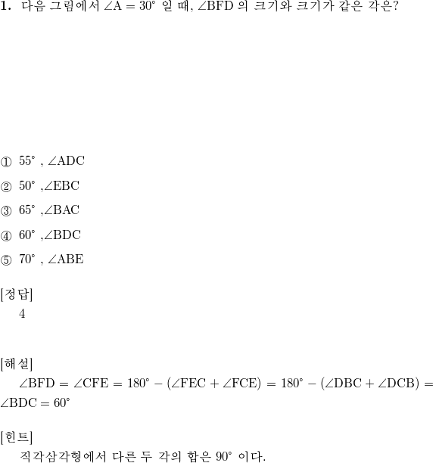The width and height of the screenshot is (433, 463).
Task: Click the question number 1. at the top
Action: [x=5, y=6]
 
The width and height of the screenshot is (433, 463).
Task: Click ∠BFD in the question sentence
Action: [x=215, y=6]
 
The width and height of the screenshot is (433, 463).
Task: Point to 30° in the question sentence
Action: [x=148, y=6]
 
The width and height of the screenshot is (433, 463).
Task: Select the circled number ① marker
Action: [x=6, y=162]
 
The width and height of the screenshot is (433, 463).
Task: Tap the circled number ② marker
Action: [x=6, y=187]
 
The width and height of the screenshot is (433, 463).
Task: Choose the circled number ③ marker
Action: [x=6, y=211]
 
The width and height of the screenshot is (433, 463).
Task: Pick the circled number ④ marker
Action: [x=6, y=236]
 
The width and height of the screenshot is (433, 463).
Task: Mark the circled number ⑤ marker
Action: [x=6, y=260]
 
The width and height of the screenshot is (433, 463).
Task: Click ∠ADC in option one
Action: [x=66, y=161]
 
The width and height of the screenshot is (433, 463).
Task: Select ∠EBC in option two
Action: [x=62, y=186]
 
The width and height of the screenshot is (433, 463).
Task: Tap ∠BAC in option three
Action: [x=62, y=210]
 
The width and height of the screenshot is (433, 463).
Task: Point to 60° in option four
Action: [x=27, y=235]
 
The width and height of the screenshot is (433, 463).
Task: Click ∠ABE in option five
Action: [x=66, y=259]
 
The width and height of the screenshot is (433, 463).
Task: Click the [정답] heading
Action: [x=17, y=294]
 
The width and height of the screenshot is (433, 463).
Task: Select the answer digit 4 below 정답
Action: [x=22, y=314]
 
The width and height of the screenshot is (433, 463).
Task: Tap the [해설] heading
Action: [x=17, y=364]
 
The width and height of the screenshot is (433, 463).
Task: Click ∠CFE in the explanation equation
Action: [x=91, y=384]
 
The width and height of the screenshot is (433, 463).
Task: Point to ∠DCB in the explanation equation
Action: [x=398, y=384]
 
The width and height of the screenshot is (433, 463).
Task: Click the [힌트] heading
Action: [x=17, y=437]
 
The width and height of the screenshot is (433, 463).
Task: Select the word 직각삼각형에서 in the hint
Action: [x=63, y=456]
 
